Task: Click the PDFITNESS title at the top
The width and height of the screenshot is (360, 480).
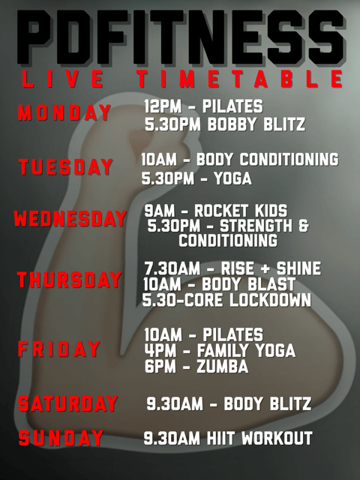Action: point(181,37)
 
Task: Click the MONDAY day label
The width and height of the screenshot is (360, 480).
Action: point(64,112)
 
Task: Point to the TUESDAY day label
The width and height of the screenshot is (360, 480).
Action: point(65,166)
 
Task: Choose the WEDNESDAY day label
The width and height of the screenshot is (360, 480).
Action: point(70,218)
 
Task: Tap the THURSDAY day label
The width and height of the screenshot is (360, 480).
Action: point(69,280)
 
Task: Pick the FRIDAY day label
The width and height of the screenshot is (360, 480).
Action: point(58,349)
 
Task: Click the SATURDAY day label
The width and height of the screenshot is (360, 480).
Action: point(67,403)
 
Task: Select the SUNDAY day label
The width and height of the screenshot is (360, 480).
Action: point(61,437)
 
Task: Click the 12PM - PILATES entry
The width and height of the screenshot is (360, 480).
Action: point(203,106)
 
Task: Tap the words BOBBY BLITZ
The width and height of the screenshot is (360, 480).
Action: point(256,124)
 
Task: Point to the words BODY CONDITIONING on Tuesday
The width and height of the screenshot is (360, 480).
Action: point(268,159)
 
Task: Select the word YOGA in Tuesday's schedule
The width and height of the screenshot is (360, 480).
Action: point(233,178)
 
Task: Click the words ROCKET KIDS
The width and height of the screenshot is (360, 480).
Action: point(241,211)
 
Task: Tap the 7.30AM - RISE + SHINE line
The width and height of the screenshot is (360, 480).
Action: point(232,268)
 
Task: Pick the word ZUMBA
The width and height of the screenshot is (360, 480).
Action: point(222,367)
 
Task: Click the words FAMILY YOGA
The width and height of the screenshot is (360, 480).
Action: point(246,350)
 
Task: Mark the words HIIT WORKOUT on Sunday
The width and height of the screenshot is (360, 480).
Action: point(259,438)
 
